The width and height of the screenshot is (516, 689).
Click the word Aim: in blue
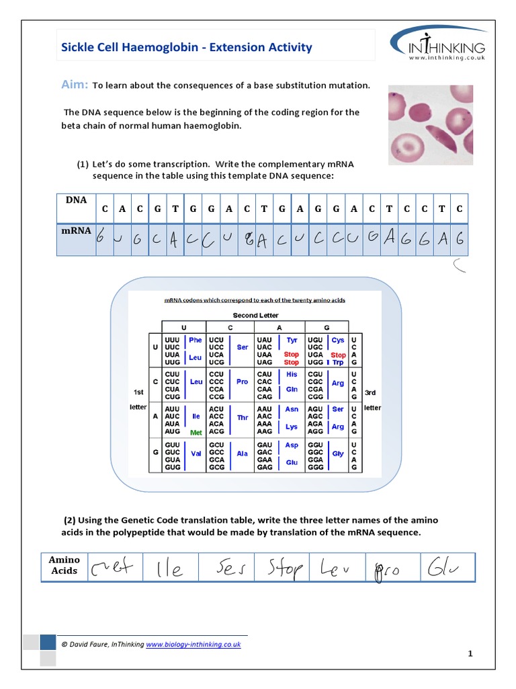[x=75, y=85]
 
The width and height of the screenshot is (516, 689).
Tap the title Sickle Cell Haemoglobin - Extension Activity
[x=187, y=47]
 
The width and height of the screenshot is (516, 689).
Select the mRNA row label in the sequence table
[x=76, y=230]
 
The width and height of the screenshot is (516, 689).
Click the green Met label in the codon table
[x=196, y=433]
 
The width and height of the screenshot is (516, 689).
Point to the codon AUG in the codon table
[x=173, y=432]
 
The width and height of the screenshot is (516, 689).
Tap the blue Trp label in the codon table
[x=339, y=363]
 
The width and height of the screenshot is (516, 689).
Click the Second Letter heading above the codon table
[x=255, y=315]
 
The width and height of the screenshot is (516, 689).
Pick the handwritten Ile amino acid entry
[x=168, y=569]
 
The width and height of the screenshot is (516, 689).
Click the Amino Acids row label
[x=64, y=565]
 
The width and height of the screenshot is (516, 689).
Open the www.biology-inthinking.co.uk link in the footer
[x=193, y=644]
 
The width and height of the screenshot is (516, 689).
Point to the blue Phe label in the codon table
[x=196, y=340]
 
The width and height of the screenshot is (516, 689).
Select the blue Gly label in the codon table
[x=338, y=454]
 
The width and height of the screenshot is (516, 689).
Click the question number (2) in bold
[x=70, y=520]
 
